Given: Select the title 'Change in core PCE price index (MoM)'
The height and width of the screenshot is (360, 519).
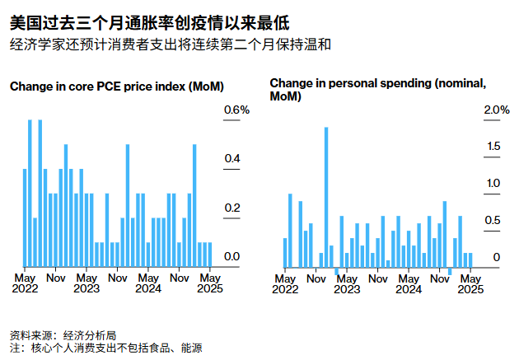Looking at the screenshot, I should tap(117, 86).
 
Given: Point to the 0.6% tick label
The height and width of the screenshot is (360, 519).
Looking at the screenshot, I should tap(236, 110).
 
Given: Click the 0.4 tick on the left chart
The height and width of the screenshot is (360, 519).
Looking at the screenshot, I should tap(231, 159).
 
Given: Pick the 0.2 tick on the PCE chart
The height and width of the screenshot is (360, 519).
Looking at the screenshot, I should tap(231, 208).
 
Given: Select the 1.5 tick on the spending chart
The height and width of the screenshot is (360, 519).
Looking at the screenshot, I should tap(492, 147).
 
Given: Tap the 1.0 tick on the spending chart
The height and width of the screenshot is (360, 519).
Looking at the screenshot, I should tap(492, 184).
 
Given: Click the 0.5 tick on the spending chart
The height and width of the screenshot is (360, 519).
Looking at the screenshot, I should tap(492, 221).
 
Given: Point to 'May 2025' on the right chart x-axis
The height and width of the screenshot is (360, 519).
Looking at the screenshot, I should tap(470, 283).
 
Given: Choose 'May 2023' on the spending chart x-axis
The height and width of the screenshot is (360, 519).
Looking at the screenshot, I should tap(347, 283).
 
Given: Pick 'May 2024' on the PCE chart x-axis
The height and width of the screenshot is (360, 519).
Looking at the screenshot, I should tap(148, 283).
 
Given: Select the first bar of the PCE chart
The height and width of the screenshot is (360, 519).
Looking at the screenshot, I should tap(25, 217).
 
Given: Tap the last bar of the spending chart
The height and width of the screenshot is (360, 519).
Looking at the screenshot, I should tap(470, 259).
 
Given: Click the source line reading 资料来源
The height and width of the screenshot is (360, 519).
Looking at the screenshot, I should tap(63, 335).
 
